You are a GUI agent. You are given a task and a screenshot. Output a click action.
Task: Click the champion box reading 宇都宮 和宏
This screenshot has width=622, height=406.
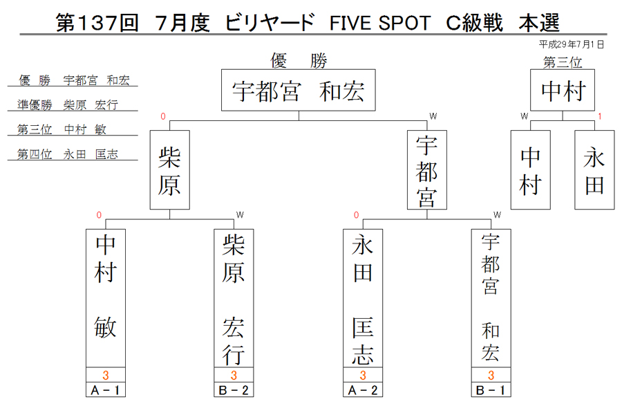299,90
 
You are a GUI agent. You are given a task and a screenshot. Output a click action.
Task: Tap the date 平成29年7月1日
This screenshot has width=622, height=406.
572,44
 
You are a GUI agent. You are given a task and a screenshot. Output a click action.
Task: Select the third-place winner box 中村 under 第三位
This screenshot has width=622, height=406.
563,90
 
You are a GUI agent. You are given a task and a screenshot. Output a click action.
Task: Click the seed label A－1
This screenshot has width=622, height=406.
106,390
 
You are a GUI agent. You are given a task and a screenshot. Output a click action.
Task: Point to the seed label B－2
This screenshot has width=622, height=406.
234,390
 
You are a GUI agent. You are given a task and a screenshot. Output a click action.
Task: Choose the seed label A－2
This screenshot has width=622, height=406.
363,390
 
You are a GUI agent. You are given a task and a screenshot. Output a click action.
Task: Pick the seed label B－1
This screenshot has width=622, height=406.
491,390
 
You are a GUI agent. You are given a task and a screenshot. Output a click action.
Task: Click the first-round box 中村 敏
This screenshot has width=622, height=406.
106,298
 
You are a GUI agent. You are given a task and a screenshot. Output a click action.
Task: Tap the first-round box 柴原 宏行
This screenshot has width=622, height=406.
234,298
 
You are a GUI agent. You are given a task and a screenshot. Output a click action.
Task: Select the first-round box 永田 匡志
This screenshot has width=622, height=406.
363,298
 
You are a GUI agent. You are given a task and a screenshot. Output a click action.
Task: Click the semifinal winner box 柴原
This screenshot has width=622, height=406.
170,170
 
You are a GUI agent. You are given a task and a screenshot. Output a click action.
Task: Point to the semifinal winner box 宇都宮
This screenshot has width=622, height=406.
427,170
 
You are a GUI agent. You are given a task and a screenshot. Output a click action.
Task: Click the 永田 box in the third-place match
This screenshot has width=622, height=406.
594,170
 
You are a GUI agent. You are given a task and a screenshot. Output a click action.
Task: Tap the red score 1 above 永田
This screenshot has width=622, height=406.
600,116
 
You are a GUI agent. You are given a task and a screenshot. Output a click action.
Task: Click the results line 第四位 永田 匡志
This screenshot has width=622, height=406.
68,154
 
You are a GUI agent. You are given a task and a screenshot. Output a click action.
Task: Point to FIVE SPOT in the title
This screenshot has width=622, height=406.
380,23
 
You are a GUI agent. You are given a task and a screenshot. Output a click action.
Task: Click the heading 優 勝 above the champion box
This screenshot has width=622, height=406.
299,61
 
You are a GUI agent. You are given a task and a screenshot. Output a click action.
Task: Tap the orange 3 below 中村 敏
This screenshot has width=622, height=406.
106,375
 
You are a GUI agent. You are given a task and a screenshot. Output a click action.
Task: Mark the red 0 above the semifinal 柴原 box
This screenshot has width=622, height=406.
162,116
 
